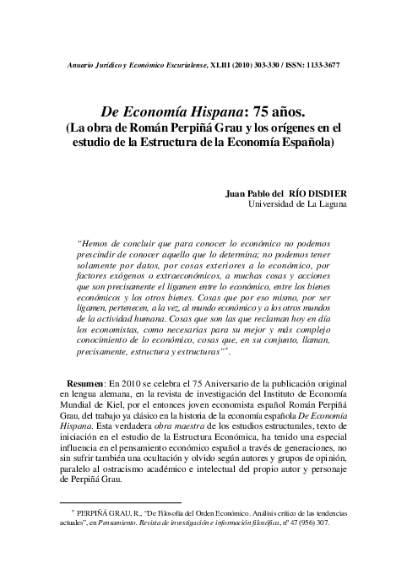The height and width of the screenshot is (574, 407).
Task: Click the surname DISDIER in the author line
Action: click(323, 192)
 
